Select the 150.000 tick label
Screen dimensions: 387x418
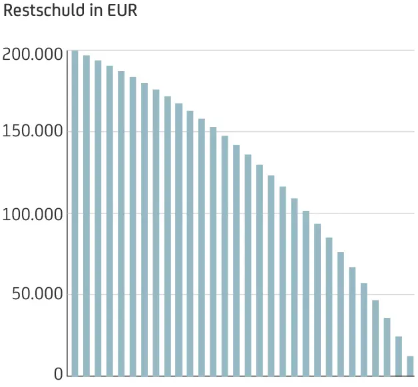33,132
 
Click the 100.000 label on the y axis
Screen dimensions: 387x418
33,214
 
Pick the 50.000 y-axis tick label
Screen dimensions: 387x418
37,295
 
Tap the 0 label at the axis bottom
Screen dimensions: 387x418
58,375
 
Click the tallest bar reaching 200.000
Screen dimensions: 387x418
75,213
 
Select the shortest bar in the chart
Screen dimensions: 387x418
410,366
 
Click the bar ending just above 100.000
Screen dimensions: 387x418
306,293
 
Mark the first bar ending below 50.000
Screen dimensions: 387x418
375,338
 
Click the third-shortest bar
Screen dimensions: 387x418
387,346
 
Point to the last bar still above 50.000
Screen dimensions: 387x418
364,329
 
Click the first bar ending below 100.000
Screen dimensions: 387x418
317,299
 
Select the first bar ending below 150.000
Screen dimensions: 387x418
225,255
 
